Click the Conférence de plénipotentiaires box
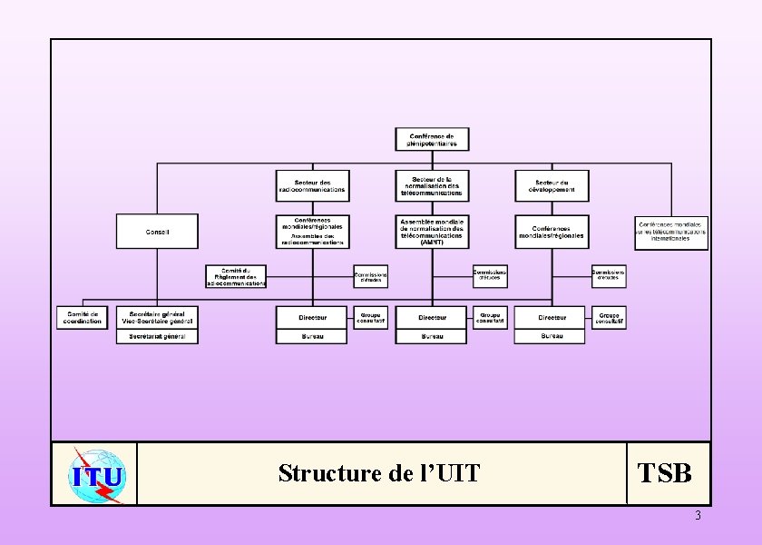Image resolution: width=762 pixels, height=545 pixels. point(432,140)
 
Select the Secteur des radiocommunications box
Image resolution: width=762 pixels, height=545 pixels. point(312,186)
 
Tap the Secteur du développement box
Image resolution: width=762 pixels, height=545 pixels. point(552,186)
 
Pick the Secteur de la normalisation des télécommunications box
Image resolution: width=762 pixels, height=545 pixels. point(432,186)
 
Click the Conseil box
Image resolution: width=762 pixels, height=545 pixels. point(157,232)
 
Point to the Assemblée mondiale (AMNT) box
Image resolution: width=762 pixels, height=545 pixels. point(432,232)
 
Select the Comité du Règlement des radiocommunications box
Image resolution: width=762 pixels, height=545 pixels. point(235,276)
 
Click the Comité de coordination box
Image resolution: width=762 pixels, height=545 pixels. point(83,318)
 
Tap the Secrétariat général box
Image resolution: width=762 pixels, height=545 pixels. point(157,336)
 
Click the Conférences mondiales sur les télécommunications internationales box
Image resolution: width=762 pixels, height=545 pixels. point(671,233)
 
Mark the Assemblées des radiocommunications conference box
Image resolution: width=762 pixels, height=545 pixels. point(312,239)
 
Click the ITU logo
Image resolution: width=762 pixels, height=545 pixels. point(96,474)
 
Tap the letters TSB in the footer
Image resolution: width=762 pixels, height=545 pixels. point(665,473)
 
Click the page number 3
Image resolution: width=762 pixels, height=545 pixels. point(698,516)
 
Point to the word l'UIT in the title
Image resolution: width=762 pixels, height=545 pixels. point(449,473)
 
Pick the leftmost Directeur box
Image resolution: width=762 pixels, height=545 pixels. point(312,318)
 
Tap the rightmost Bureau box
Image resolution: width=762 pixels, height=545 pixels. point(552,336)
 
